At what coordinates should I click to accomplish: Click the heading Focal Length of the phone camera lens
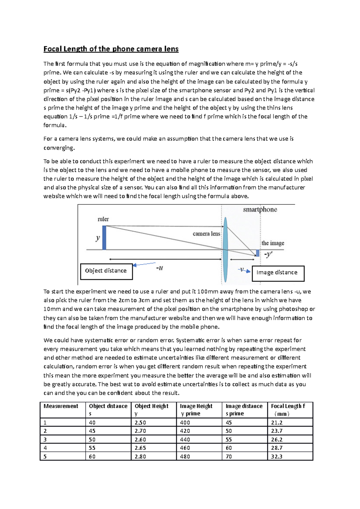click(111, 49)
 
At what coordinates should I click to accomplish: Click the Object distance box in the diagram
click(106, 271)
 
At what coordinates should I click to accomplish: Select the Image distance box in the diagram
click(278, 273)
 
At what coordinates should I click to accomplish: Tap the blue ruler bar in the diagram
click(104, 237)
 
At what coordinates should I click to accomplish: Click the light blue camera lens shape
click(225, 250)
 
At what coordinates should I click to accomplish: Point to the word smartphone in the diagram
click(260, 210)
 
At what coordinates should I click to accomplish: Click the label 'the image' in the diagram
click(272, 243)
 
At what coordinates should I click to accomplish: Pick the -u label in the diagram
click(160, 268)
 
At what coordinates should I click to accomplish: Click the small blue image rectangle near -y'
click(257, 253)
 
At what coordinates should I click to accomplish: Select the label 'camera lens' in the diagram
click(206, 234)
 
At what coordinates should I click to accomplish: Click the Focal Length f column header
click(288, 409)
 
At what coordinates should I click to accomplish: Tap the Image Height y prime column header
click(196, 409)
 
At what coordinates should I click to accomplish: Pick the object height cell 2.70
click(140, 431)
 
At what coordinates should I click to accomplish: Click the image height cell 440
click(185, 439)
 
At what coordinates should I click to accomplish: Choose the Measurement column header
click(61, 406)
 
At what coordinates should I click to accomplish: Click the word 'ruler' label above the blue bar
click(103, 219)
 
